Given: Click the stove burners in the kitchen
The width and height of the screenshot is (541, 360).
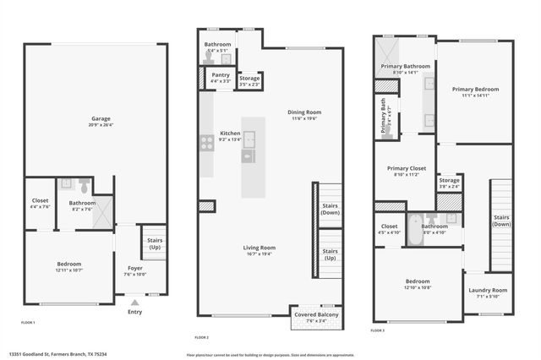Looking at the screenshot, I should click(x=206, y=144).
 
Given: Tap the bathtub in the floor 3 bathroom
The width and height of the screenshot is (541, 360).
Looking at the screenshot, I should click(x=415, y=231).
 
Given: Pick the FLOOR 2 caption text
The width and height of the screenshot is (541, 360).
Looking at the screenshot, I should click(x=202, y=338).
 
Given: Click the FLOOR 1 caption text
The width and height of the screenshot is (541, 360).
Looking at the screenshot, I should click(x=29, y=323).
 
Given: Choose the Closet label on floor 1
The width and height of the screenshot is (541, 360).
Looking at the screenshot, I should click(x=40, y=204).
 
